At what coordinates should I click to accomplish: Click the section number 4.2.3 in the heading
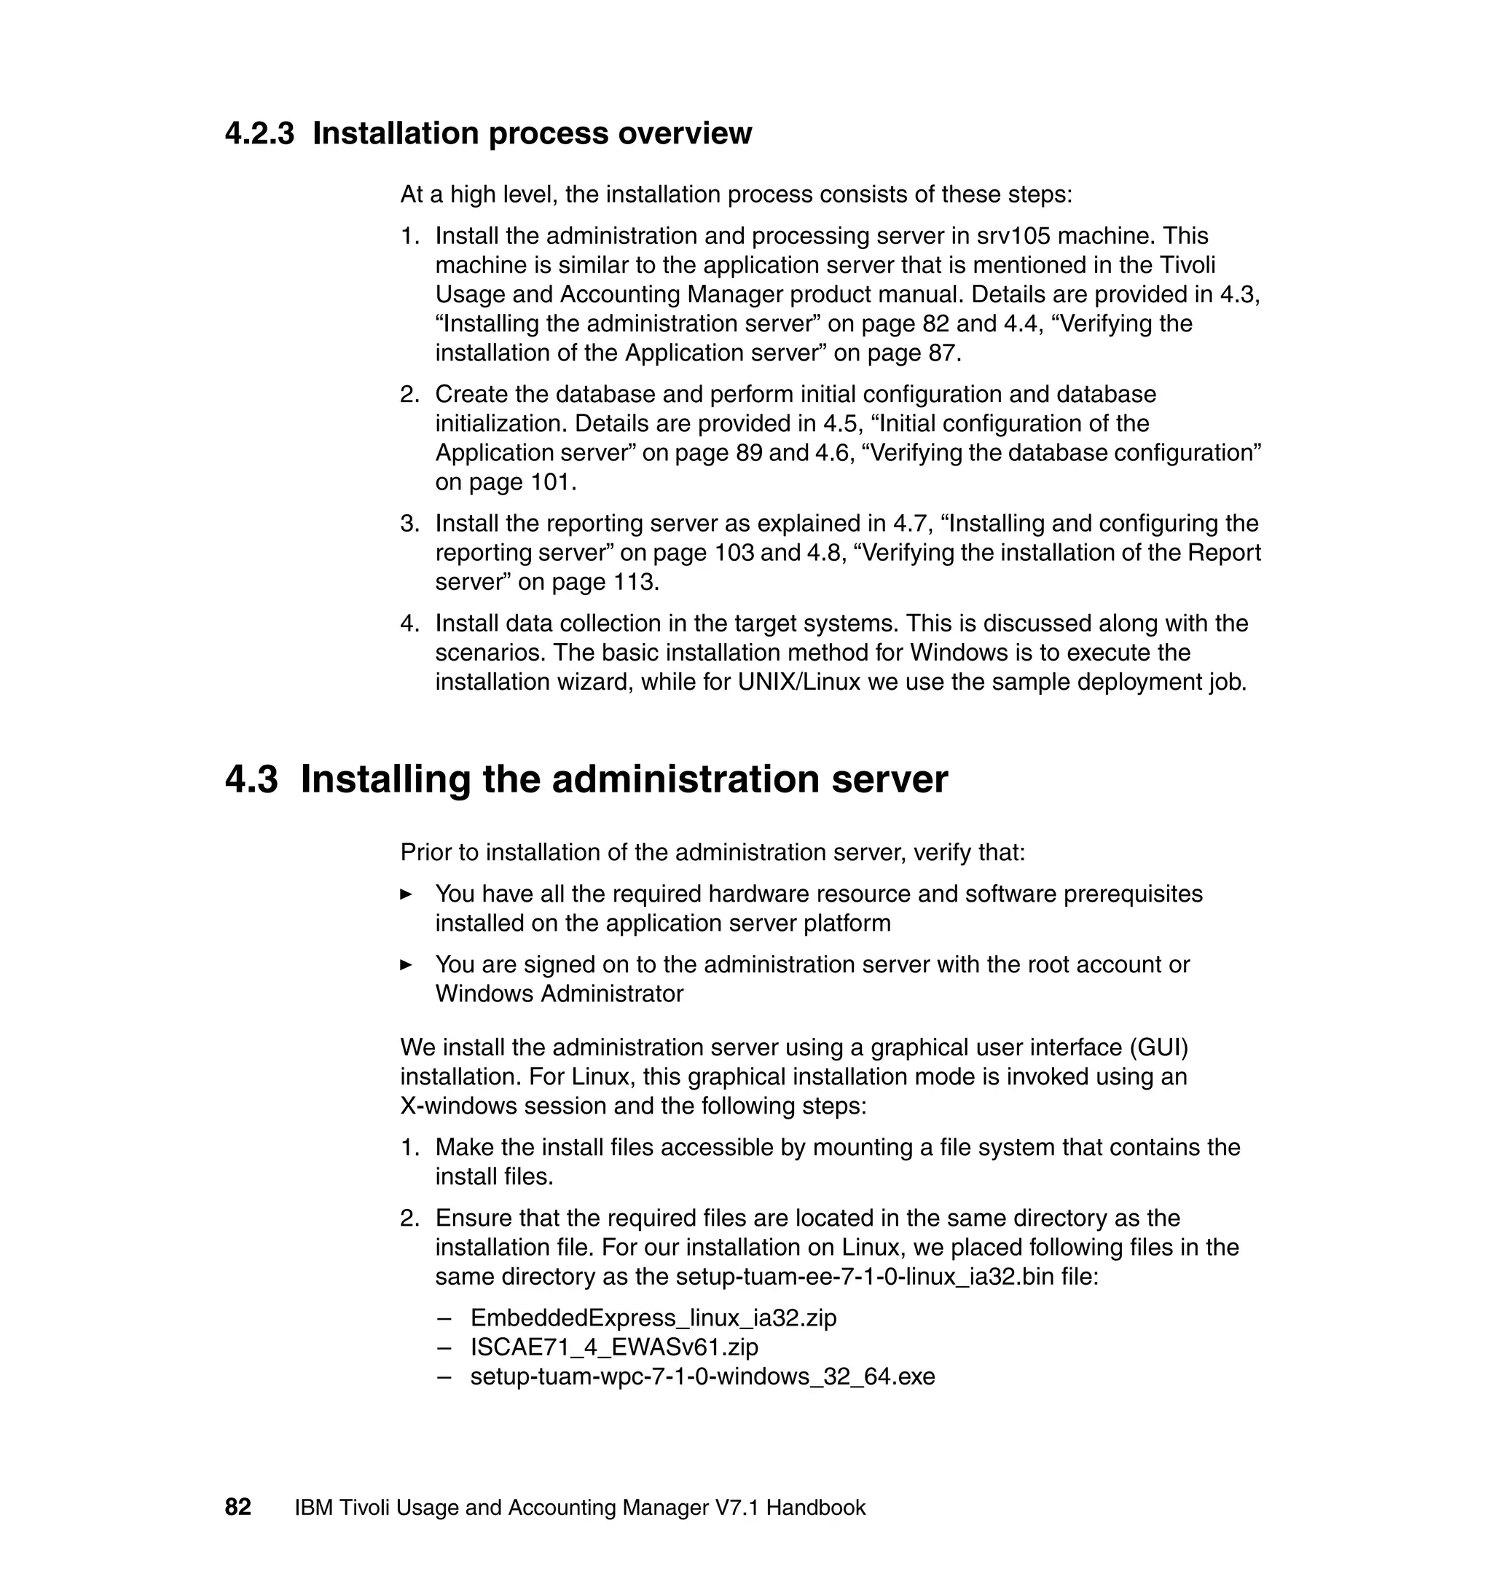point(259,133)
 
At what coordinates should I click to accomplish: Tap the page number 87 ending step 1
point(943,353)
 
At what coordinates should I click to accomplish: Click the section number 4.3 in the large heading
point(251,779)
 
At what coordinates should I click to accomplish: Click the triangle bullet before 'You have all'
point(406,894)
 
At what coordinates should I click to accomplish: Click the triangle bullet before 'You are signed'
point(406,965)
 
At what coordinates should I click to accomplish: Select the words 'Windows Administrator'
point(559,994)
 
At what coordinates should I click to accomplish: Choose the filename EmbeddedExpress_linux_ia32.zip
point(653,1318)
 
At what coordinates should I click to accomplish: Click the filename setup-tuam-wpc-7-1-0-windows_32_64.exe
point(702,1377)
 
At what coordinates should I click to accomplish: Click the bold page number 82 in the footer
point(237,1508)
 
